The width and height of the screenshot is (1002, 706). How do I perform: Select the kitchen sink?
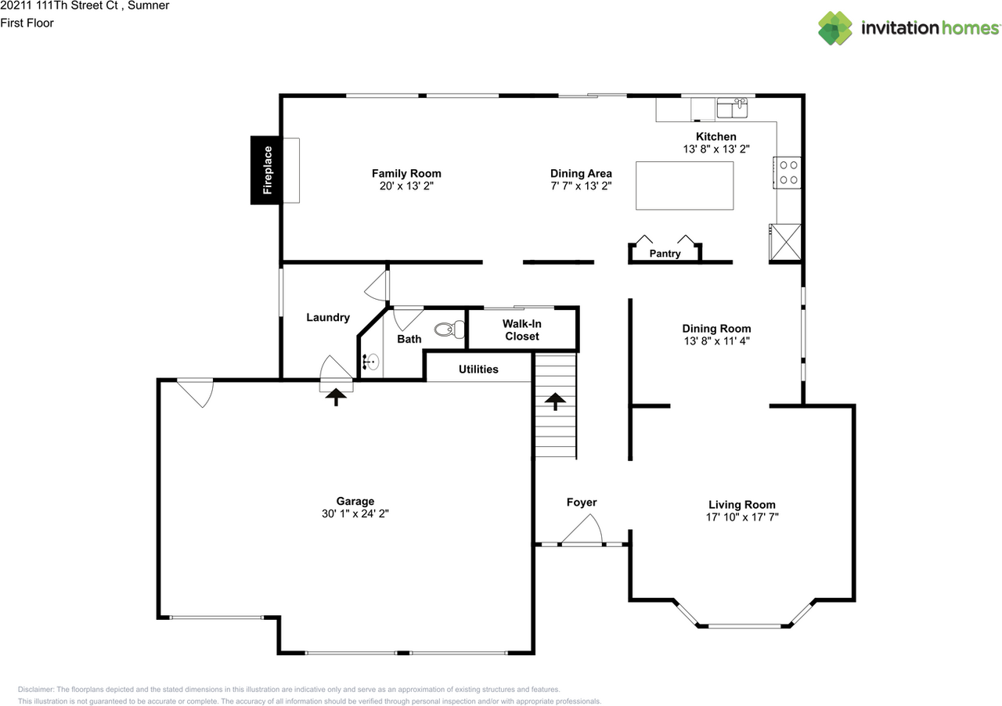pos(732,108)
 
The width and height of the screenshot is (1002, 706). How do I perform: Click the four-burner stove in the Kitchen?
pos(788,172)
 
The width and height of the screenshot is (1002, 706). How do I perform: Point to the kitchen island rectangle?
pos(684,186)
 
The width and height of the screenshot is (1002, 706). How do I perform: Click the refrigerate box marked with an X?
pos(786,242)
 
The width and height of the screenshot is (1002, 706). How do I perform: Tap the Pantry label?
pos(665,254)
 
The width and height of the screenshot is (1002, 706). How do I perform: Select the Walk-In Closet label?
pos(521,330)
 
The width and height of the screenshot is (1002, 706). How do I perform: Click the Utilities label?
pos(478,369)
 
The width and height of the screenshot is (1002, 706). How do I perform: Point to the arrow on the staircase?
pos(555,402)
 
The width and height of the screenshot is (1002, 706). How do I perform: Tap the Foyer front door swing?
pos(582,529)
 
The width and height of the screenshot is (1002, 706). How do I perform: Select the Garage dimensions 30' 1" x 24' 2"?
pos(355,513)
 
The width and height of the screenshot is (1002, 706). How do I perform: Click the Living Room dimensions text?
pos(742,517)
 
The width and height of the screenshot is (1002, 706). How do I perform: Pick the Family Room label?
pos(406,174)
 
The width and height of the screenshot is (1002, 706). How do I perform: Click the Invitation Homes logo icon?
pos(834,28)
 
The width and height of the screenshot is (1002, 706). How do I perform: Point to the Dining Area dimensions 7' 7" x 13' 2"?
pos(581,186)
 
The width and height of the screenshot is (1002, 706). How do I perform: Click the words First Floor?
pos(27,23)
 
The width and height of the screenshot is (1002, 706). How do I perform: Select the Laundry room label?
pos(328,318)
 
